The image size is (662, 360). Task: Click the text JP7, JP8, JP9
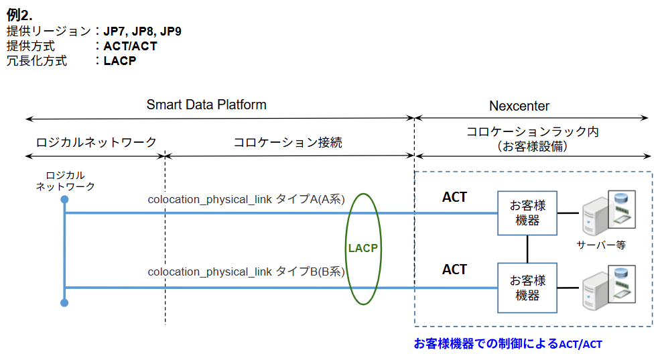tap(142, 32)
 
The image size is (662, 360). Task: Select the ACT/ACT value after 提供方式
tap(130, 46)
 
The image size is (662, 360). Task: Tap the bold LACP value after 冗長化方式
tap(120, 61)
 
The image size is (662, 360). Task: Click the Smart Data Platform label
tap(206, 105)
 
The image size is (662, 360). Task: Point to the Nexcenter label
tap(519, 106)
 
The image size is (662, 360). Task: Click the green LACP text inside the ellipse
tap(363, 248)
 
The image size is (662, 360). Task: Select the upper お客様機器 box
tap(527, 213)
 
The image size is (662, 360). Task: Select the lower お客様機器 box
tap(527, 288)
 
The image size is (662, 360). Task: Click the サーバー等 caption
tap(601, 245)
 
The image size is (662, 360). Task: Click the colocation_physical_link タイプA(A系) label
tap(246, 199)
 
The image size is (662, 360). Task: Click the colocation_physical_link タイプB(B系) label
tap(246, 272)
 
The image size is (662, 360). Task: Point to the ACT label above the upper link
tap(454, 198)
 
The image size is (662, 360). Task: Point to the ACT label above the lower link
tap(454, 269)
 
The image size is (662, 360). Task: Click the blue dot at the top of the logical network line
tap(64, 200)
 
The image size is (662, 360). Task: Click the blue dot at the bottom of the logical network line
tap(64, 303)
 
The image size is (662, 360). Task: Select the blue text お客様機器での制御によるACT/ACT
tap(508, 345)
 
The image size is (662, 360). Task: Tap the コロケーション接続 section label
tap(287, 142)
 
